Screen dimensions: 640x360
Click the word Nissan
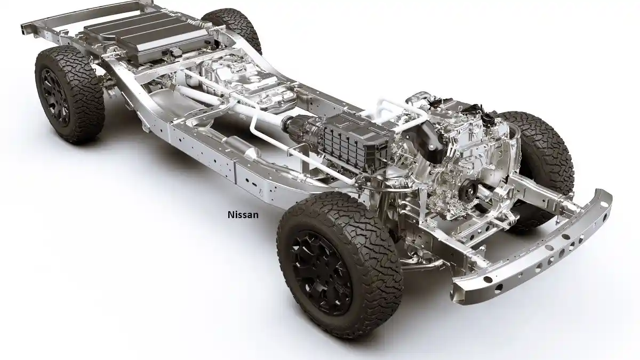tap(243, 215)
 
